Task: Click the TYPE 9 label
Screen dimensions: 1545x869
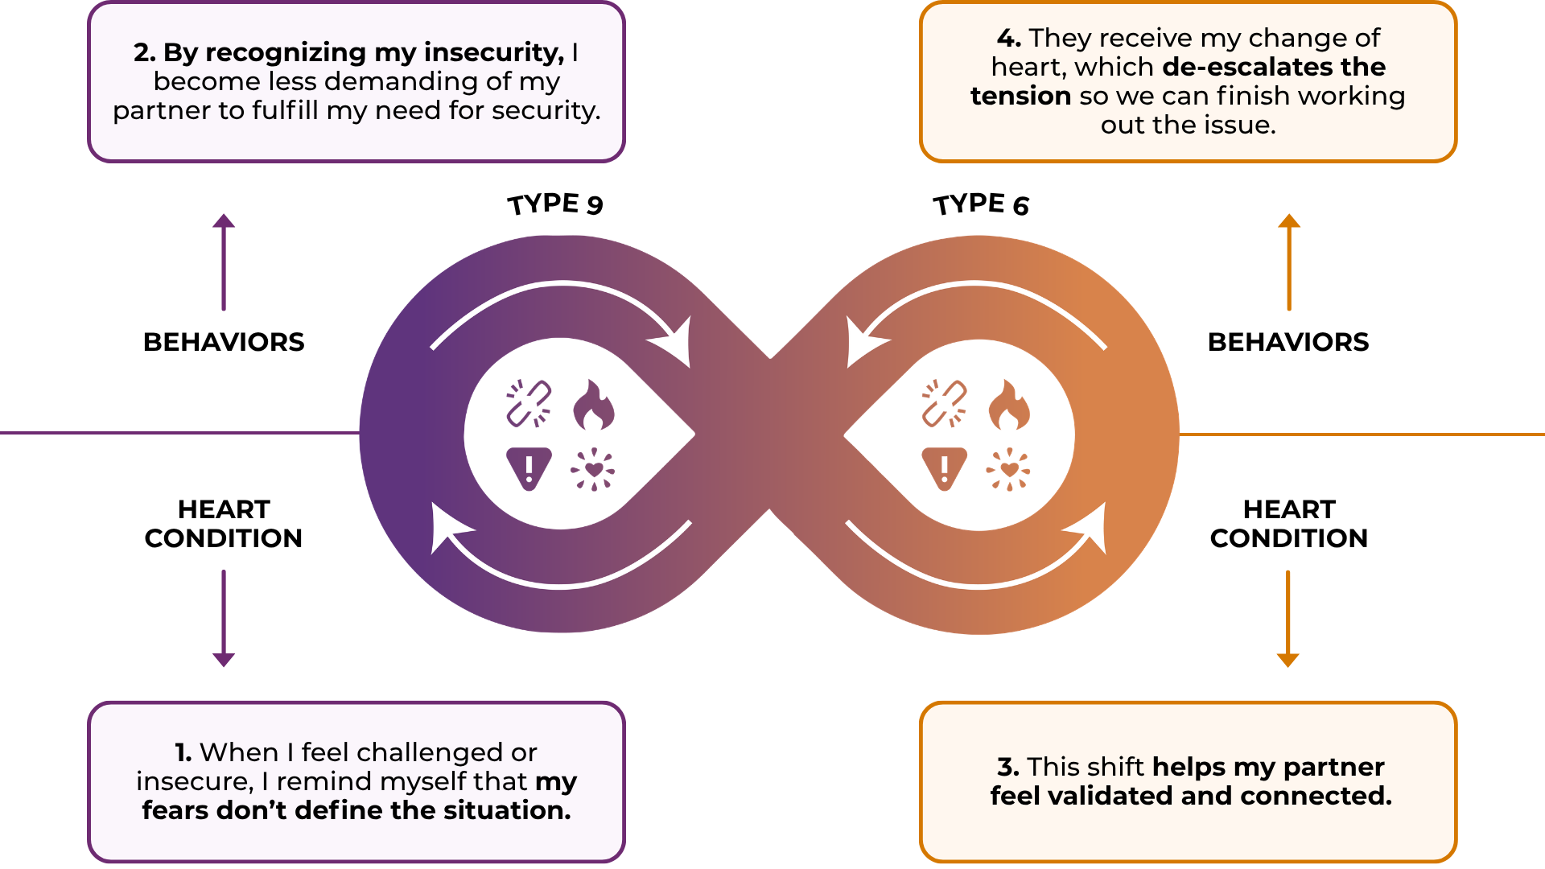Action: (x=555, y=204)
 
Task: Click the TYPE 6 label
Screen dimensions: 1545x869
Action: (x=981, y=204)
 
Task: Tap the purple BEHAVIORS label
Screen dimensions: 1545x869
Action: (x=224, y=342)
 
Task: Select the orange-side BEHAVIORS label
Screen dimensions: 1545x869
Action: (x=1288, y=342)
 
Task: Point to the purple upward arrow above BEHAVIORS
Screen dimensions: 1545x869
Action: (x=224, y=262)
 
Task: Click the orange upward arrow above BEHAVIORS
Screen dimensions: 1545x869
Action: (x=1289, y=262)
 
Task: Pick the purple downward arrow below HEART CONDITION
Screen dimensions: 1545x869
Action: (x=224, y=619)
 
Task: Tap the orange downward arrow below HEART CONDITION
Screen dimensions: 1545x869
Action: (x=1288, y=619)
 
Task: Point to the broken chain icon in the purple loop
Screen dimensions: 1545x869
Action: (x=529, y=403)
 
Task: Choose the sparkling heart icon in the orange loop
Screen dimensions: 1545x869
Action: (x=1008, y=469)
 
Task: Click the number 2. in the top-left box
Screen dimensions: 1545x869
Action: (x=145, y=52)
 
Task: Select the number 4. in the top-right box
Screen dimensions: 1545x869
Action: (x=1009, y=38)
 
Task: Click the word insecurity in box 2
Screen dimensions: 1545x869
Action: (x=494, y=52)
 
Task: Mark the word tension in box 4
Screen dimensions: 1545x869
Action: (x=1020, y=96)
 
